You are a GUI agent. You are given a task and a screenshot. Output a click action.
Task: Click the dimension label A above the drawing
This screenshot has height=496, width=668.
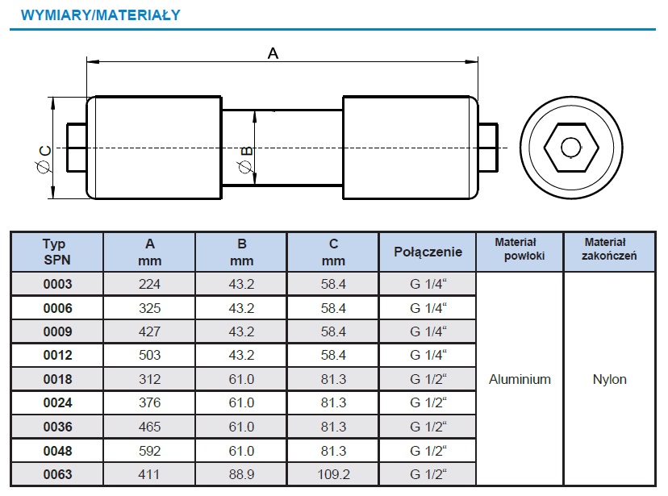point(273,53)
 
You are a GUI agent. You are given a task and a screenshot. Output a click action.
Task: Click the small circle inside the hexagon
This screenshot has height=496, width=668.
point(571,148)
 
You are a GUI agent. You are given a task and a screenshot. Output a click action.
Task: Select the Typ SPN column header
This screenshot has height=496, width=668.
point(56,252)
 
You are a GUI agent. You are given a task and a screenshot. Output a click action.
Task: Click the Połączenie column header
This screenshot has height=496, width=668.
point(428,252)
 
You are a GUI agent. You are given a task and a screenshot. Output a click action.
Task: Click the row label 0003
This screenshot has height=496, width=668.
point(57,284)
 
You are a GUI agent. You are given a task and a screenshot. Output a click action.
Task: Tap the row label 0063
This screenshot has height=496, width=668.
point(57,475)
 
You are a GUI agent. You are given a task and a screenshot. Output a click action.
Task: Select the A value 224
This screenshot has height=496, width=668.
point(149,284)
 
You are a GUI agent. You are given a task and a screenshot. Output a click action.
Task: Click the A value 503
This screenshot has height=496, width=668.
point(149,355)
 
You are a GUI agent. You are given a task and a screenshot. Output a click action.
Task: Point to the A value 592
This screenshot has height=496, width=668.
point(149,451)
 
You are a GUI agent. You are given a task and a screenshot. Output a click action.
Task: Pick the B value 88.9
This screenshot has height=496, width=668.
point(241,475)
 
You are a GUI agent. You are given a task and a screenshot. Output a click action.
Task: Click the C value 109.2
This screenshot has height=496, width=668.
point(333,475)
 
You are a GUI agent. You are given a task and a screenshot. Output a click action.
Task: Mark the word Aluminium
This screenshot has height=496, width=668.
point(520,379)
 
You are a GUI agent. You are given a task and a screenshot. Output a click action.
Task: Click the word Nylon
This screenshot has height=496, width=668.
point(609,379)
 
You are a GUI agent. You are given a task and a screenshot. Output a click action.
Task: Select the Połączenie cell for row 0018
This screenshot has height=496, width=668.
point(428,379)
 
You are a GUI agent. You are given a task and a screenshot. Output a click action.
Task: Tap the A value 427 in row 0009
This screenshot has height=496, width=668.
point(149,331)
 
